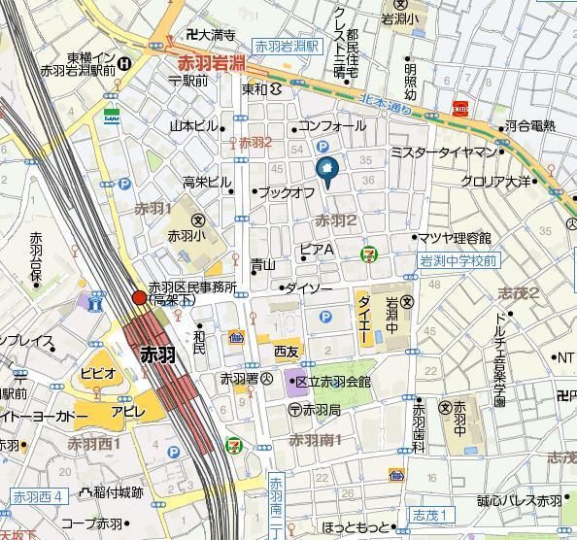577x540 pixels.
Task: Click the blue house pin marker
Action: (326, 172)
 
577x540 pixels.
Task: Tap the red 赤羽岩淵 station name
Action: (211, 63)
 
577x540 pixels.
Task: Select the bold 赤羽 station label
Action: (157, 354)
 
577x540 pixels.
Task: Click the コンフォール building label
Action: (331, 126)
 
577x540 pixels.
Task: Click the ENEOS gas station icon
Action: (460, 109)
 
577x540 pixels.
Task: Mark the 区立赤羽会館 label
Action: (332, 382)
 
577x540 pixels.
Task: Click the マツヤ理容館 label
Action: (454, 238)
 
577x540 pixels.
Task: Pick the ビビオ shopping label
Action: (97, 373)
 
